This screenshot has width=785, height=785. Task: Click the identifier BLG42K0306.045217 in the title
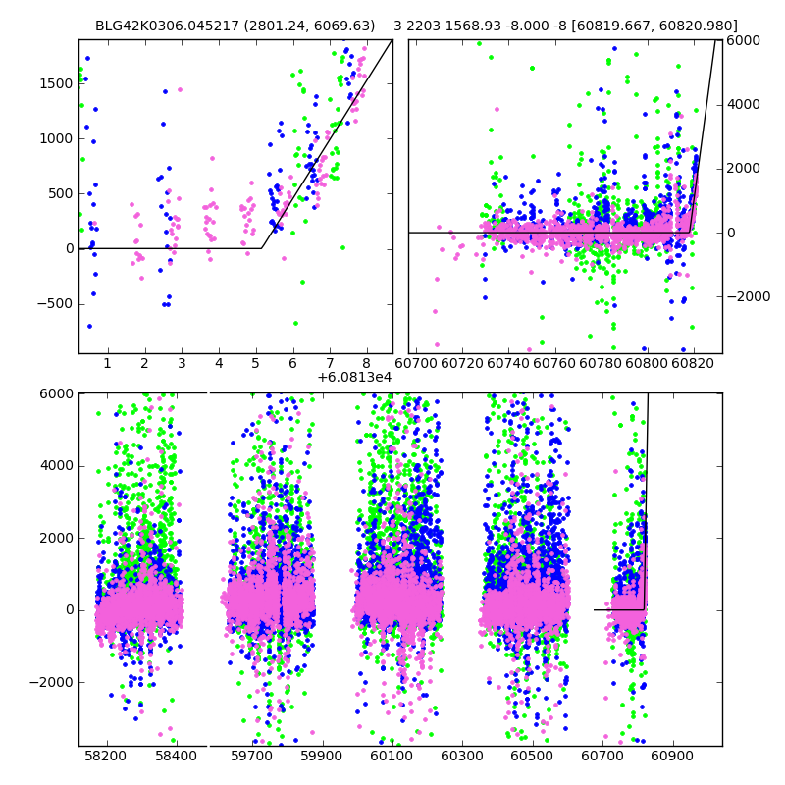160,26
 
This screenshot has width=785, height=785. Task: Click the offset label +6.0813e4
354,377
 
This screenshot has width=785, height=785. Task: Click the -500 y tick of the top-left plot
55,303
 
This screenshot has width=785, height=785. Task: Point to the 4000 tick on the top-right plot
742,104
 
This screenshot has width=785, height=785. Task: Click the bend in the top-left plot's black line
261,248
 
